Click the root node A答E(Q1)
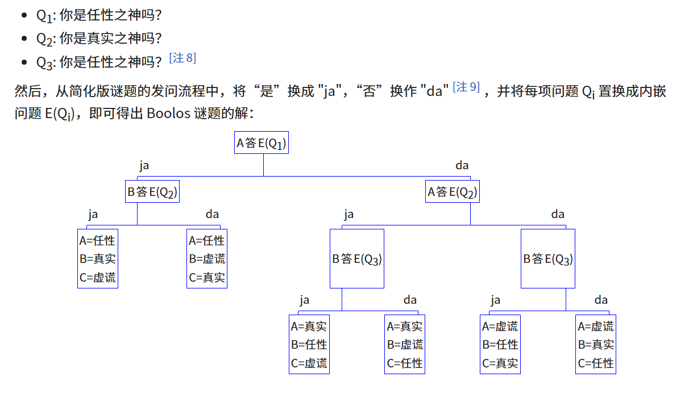[x=261, y=143]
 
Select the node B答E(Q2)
[x=152, y=192]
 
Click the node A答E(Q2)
[x=452, y=192]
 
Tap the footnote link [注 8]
[x=182, y=58]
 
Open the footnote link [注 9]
[x=466, y=87]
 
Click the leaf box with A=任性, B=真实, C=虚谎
[x=98, y=258]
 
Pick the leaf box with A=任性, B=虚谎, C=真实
[x=207, y=258]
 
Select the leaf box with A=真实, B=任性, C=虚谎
[x=309, y=344]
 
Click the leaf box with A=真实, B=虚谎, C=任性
[x=405, y=344]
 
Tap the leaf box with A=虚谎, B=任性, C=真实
[x=500, y=344]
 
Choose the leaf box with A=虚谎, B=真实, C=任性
[x=596, y=344]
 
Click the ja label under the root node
[x=144, y=166]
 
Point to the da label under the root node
[x=462, y=166]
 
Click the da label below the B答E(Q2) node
[x=212, y=215]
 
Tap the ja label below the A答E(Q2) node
[x=349, y=215]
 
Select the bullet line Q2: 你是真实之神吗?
[x=99, y=39]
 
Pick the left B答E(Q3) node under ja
[x=357, y=259]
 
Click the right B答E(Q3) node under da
[x=548, y=259]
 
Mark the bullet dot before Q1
[x=24, y=15]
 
